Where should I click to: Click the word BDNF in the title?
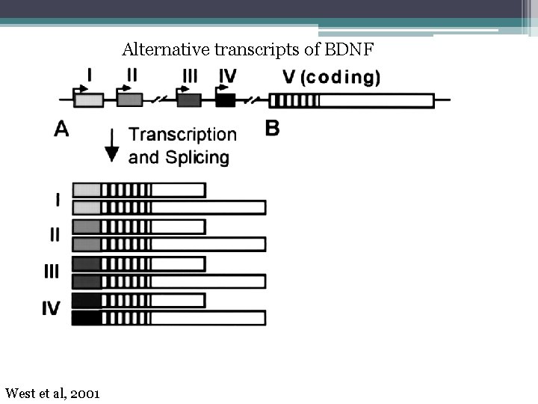click(x=349, y=49)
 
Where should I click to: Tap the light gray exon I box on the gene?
click(x=88, y=100)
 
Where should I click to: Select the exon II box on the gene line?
click(x=130, y=100)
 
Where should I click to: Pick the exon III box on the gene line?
click(x=189, y=100)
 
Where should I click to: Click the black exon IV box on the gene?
click(x=226, y=100)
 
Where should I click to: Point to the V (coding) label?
click(x=332, y=77)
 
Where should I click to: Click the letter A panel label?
click(x=61, y=129)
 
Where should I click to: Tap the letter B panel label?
click(x=273, y=129)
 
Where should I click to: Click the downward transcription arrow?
click(x=112, y=145)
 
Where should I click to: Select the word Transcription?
click(x=182, y=135)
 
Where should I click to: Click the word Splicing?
click(x=197, y=158)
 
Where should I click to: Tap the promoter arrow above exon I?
click(x=80, y=89)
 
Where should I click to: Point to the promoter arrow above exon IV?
click(x=222, y=88)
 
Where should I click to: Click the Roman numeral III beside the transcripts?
click(x=52, y=272)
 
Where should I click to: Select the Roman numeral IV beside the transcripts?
click(x=51, y=308)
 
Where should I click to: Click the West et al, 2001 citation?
click(x=52, y=394)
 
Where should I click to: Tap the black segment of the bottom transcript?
click(x=87, y=318)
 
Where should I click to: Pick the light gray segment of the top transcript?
click(x=87, y=190)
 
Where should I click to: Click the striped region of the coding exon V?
click(x=294, y=101)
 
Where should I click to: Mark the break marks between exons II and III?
click(x=159, y=100)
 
